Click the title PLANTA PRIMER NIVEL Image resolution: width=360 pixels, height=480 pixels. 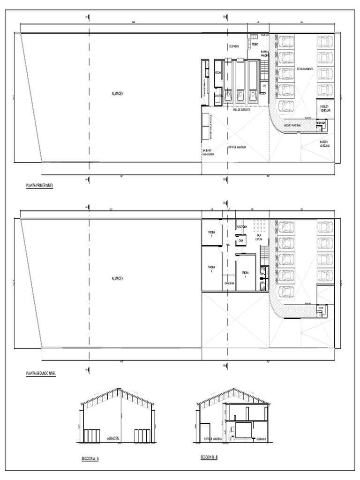(39, 186)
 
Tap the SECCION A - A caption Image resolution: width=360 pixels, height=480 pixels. (90, 460)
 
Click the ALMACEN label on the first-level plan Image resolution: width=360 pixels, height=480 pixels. (118, 94)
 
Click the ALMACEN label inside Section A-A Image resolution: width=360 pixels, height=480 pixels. (114, 438)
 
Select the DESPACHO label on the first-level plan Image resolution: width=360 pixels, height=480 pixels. (234, 46)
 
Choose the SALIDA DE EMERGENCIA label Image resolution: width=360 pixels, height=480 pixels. (208, 152)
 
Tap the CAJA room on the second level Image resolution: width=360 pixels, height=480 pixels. (240, 240)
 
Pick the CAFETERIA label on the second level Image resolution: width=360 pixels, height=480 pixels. (229, 283)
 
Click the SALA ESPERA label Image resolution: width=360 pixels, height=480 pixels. (259, 237)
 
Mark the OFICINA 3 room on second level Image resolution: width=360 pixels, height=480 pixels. (246, 273)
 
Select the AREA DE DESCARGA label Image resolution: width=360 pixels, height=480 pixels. (241, 110)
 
